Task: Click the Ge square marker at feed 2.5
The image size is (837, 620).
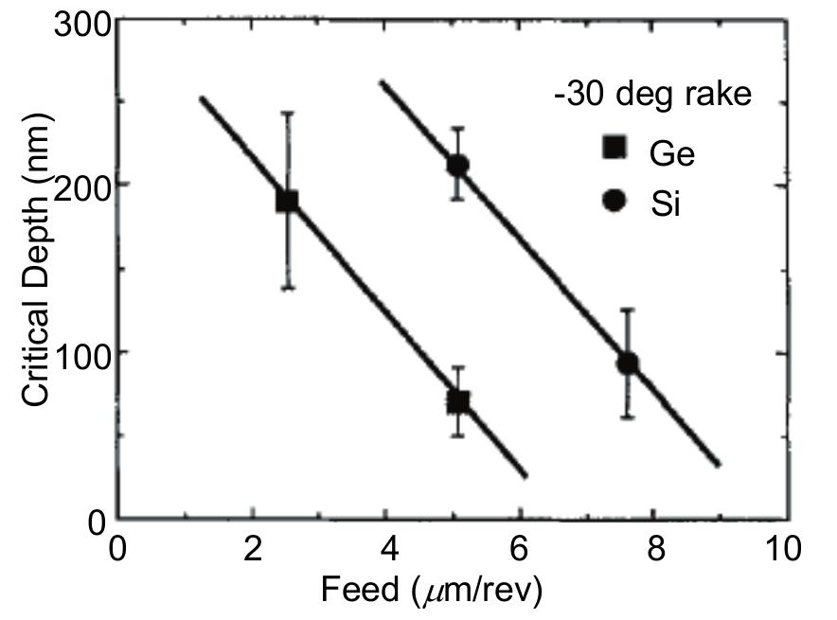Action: (x=287, y=201)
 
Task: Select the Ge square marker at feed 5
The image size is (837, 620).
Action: (x=458, y=400)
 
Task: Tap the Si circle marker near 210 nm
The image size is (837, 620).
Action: (x=458, y=166)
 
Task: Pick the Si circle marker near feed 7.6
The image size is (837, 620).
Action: (x=627, y=363)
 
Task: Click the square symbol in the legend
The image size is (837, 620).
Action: (x=614, y=149)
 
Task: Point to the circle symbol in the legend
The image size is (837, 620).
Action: (x=614, y=201)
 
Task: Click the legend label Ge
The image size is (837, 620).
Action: (x=672, y=151)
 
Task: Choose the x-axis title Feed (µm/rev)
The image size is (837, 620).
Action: (x=431, y=591)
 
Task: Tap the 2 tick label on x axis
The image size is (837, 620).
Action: (x=253, y=548)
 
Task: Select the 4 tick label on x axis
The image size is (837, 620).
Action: (x=387, y=548)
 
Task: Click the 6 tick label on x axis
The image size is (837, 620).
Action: (x=522, y=548)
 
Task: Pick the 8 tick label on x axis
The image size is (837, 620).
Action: (x=656, y=548)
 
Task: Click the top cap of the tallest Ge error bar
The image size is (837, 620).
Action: (x=287, y=113)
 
